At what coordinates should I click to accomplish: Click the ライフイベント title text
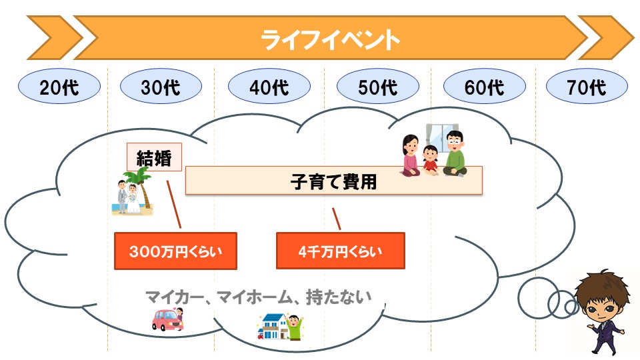coord(330,39)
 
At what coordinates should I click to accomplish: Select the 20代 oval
coord(59,86)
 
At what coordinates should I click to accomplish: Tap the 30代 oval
coord(161,86)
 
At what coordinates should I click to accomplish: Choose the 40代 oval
coord(269,86)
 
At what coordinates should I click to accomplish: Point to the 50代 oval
coord(378,86)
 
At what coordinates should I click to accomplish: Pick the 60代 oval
coord(485,86)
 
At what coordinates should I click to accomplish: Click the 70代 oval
coord(587,86)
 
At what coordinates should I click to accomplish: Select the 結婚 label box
coord(154,157)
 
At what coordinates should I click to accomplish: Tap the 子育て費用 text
coord(333,181)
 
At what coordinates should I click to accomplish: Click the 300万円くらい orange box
coord(175,251)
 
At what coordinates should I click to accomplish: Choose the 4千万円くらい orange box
coord(341,251)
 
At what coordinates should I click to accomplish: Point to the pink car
coord(168,319)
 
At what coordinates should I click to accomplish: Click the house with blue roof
coord(273,326)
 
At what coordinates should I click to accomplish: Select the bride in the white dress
coord(133,199)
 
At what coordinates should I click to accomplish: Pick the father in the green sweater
coord(455,154)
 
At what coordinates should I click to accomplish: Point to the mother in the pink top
coord(410,155)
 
